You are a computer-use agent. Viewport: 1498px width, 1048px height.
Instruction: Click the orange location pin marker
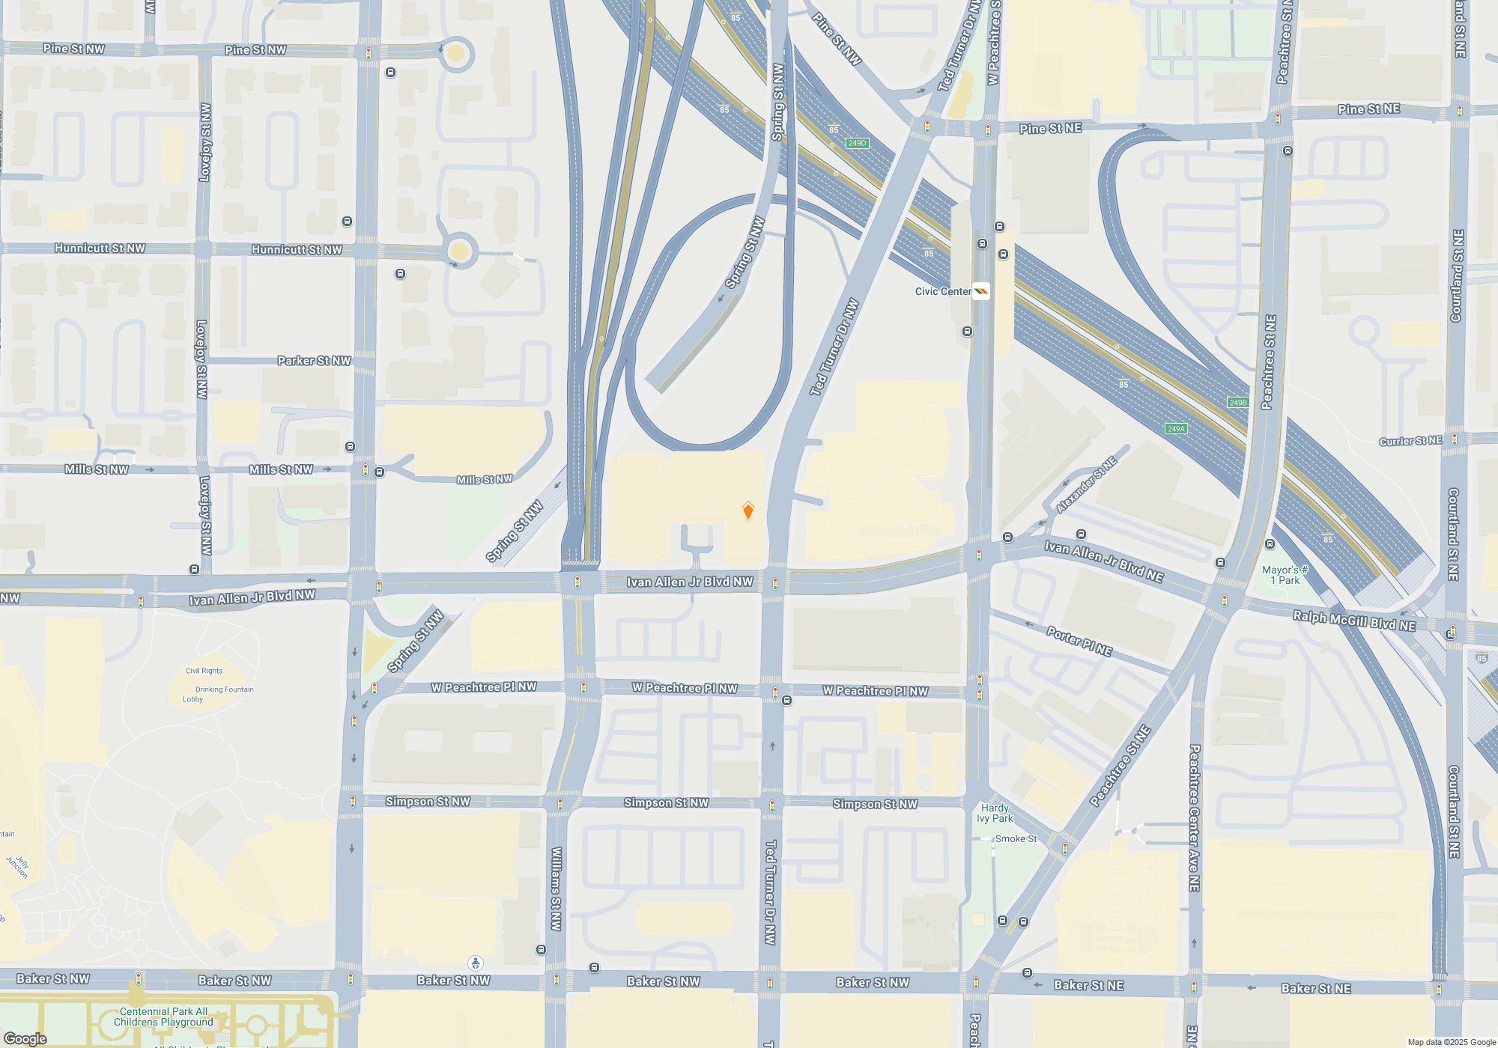click(748, 511)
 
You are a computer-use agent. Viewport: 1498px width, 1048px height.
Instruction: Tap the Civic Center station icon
click(980, 291)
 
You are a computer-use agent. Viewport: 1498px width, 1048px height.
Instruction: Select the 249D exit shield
click(857, 143)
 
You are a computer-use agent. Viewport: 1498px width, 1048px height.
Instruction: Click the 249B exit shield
click(1238, 403)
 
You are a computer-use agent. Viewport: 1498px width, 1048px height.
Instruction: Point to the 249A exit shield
click(1176, 429)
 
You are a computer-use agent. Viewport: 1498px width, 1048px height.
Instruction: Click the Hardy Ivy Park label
click(995, 813)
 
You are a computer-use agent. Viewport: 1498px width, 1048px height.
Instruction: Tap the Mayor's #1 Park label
click(1285, 575)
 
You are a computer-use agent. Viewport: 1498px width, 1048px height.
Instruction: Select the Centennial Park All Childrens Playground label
click(163, 1017)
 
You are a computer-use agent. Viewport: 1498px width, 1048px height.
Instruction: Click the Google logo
click(25, 1038)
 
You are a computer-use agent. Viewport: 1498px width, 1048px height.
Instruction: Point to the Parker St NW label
click(314, 361)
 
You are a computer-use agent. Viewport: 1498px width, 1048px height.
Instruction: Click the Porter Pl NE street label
click(1079, 642)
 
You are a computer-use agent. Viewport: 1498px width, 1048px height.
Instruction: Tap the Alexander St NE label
click(1086, 485)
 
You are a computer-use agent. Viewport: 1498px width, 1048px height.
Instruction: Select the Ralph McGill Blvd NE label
click(1354, 621)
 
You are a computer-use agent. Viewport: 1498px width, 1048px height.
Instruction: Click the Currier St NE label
click(1410, 441)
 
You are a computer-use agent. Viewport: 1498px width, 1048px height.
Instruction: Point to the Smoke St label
click(1016, 838)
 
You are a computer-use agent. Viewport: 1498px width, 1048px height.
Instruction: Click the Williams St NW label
click(556, 889)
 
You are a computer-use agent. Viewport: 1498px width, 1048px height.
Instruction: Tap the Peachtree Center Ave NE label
click(1195, 817)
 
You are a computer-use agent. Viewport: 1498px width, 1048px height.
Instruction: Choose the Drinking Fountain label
click(224, 689)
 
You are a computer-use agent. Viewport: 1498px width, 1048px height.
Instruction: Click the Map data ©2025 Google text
click(1452, 1042)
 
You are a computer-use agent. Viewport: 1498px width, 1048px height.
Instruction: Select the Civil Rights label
click(204, 671)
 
